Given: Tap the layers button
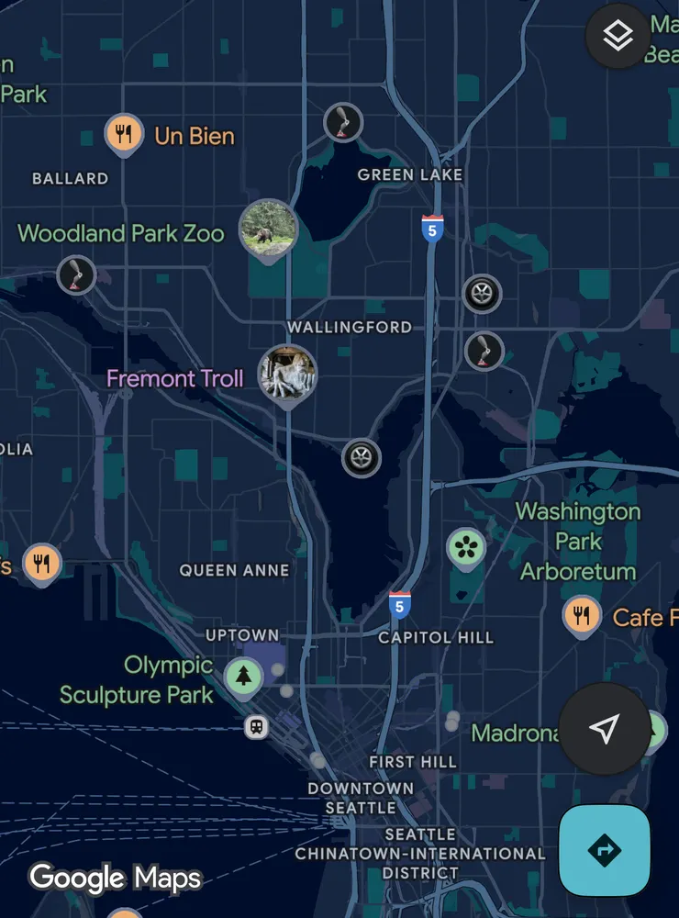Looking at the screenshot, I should (618, 37).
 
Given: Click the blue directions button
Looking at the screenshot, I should (605, 851).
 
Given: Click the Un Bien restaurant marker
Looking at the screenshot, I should (123, 135).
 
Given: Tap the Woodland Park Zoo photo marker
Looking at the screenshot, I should (268, 228).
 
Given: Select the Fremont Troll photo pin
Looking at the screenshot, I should (286, 374).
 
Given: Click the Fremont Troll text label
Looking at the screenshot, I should (174, 378).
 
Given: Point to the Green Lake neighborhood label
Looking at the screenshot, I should (410, 174).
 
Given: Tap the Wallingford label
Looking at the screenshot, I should (350, 327).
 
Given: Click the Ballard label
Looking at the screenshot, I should (70, 178).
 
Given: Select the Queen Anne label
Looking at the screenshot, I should (234, 570).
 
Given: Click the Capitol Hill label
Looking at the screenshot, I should (436, 637).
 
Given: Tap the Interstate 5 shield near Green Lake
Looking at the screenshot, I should (432, 228).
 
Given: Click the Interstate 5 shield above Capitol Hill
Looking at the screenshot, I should (399, 604).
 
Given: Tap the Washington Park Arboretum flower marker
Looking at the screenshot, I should (466, 548).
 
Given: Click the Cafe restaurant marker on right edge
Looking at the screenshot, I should (581, 616).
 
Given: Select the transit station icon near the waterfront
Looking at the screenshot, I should (257, 727).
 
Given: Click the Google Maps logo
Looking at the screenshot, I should (115, 878).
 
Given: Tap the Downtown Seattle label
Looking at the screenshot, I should (361, 798).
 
